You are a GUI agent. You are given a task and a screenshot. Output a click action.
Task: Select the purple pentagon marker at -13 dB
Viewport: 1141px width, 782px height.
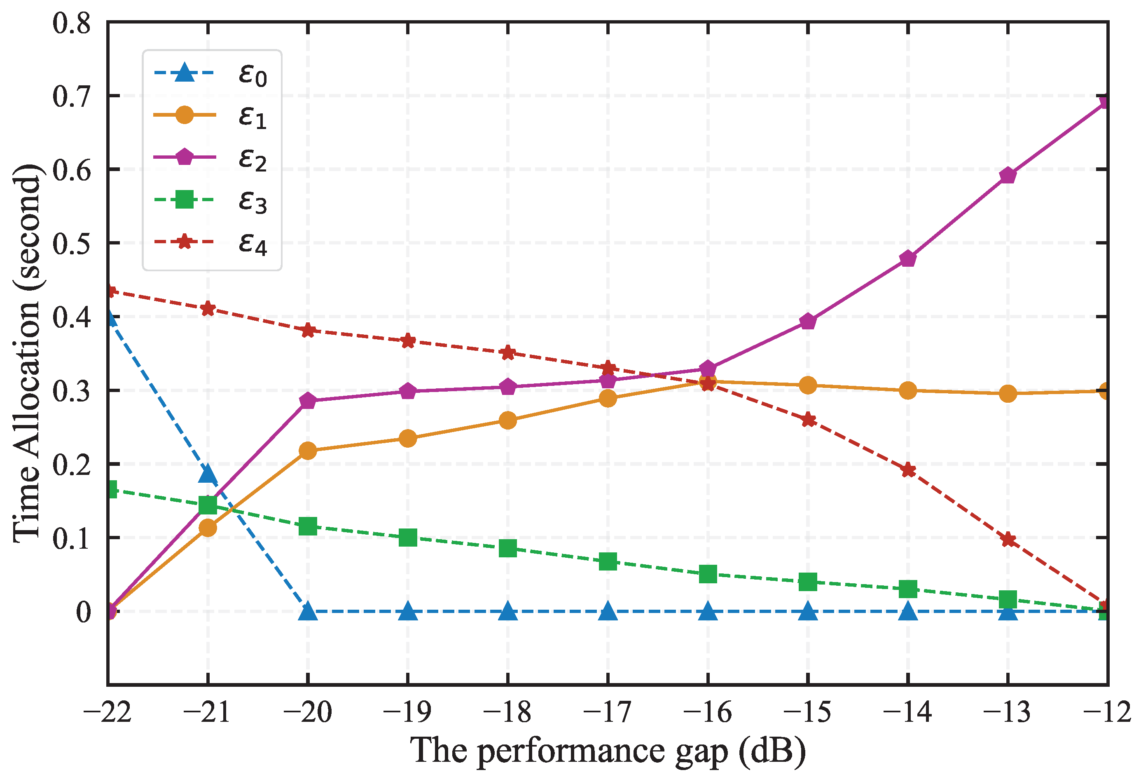click(1008, 175)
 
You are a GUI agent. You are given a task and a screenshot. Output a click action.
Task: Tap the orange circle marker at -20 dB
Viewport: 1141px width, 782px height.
click(308, 451)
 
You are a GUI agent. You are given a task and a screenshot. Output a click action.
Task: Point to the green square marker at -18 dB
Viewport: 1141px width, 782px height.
click(507, 548)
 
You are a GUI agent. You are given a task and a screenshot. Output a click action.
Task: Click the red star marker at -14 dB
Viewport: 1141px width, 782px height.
click(908, 470)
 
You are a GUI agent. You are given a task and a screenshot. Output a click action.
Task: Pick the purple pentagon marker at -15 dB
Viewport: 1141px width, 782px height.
click(808, 322)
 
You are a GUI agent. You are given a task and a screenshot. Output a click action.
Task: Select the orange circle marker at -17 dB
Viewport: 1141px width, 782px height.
click(608, 398)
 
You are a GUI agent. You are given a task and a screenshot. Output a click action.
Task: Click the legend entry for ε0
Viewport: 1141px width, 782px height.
click(211, 74)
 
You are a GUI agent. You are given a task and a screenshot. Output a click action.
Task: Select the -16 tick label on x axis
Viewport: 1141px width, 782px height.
click(708, 712)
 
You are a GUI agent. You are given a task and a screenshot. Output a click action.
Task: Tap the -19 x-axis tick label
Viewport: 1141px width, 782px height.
click(407, 712)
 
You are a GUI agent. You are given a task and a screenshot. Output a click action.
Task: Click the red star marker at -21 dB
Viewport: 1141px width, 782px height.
click(208, 309)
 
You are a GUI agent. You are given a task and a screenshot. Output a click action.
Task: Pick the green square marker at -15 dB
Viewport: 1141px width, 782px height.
click(808, 582)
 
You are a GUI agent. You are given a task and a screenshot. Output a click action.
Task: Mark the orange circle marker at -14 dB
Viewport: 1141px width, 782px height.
click(908, 391)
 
